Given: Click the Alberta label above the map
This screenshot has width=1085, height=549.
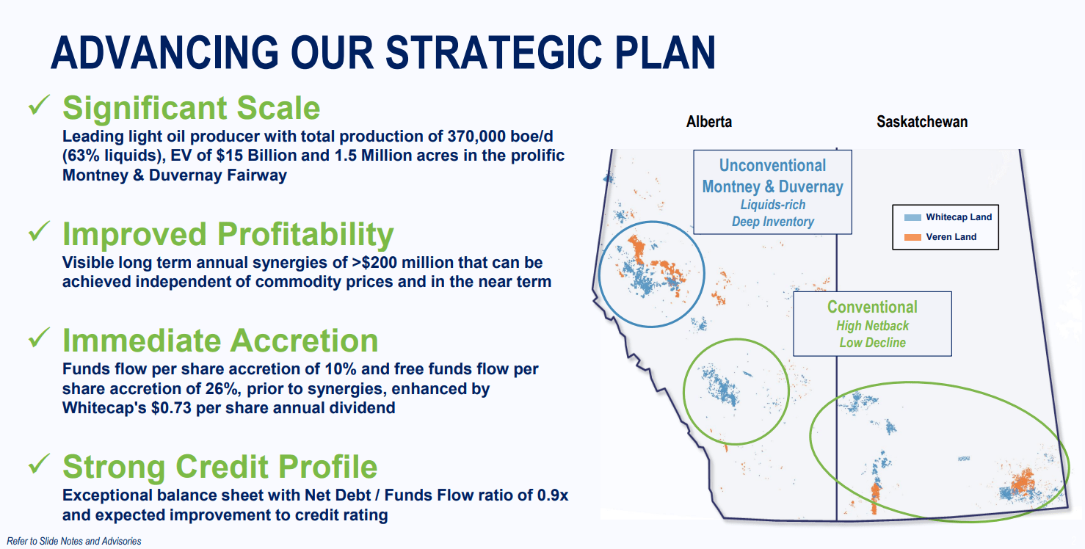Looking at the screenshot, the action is (x=708, y=122).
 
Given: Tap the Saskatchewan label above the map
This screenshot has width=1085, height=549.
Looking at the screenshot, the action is (x=922, y=122).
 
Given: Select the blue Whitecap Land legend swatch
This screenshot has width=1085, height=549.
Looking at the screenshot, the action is (x=912, y=217).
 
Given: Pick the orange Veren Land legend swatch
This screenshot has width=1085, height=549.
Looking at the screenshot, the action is (x=912, y=237).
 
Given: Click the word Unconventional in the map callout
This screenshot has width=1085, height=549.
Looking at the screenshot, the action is (x=772, y=166).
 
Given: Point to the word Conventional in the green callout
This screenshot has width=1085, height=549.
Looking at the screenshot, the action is (x=872, y=307).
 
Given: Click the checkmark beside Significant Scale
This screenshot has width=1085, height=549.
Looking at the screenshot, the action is (x=39, y=105).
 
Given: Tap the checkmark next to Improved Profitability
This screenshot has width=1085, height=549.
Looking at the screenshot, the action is (x=39, y=231).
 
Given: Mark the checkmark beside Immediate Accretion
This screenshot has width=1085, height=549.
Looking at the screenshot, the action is (x=39, y=338).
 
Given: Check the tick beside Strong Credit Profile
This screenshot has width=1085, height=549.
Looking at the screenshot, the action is (x=39, y=464).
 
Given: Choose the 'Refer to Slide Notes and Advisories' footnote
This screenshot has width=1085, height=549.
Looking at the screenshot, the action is (x=74, y=541).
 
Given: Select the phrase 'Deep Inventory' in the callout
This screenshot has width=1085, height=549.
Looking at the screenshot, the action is (x=772, y=222).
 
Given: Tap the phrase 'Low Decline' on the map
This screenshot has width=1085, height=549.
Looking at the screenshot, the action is (x=872, y=343).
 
